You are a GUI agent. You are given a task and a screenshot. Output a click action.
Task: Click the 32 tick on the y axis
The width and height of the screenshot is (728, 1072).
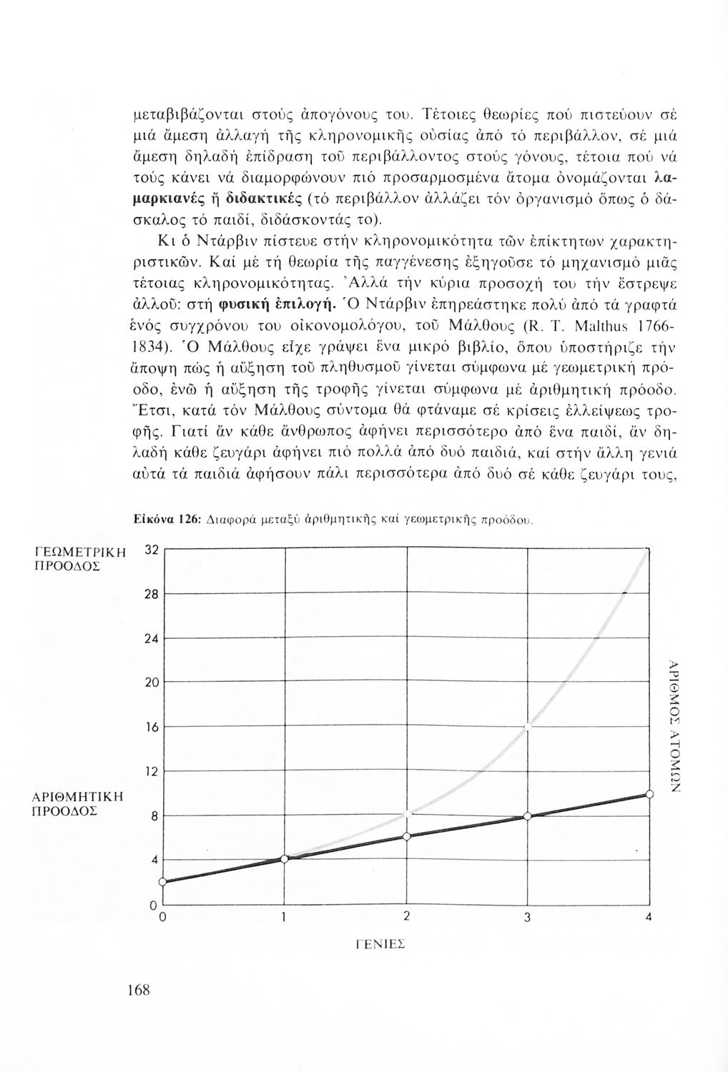coord(150,549)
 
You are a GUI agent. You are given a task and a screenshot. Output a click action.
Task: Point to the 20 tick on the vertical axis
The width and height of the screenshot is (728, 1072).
coord(150,683)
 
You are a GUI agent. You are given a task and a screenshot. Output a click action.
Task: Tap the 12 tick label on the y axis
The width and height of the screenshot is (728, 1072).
coord(150,772)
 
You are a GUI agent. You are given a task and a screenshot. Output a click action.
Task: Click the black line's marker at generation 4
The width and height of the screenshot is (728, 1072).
coord(649,794)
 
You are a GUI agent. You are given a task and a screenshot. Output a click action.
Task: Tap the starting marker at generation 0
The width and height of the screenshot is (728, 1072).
coord(163,881)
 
